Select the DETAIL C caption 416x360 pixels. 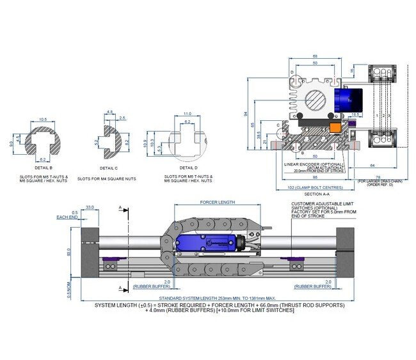[107, 168]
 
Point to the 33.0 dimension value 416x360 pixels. [90, 207]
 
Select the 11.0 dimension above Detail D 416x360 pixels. [187, 113]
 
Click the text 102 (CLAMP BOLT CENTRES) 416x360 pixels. [308, 188]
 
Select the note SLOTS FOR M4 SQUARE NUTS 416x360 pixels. [107, 179]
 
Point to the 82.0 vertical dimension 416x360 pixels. [70, 253]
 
